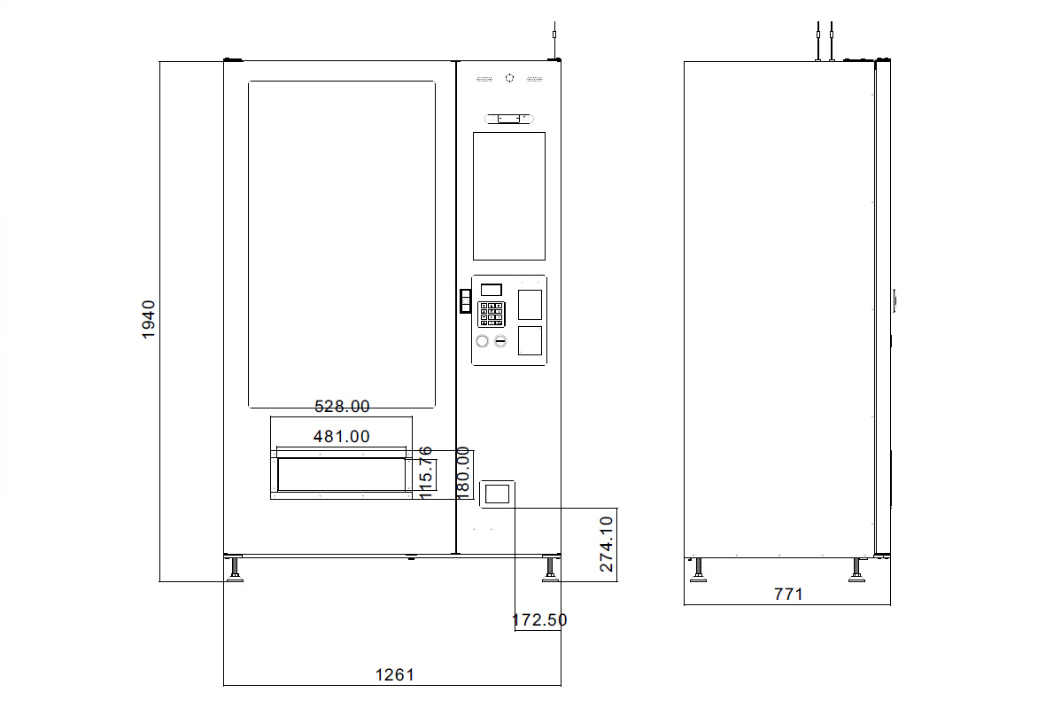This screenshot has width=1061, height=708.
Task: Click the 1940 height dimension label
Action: [149, 320]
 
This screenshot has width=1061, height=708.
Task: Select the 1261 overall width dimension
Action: [394, 674]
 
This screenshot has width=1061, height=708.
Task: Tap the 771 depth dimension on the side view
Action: [787, 594]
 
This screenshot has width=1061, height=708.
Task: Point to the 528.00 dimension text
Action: [342, 407]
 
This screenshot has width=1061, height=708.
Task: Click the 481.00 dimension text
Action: [342, 436]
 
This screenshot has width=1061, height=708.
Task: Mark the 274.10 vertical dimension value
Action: [607, 544]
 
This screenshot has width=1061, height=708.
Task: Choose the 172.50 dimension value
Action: [539, 620]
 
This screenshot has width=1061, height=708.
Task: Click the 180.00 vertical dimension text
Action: [462, 473]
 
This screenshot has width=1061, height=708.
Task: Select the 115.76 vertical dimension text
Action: [426, 473]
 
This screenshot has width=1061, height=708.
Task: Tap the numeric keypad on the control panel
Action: [491, 314]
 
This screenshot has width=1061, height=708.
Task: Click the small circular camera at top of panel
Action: [509, 78]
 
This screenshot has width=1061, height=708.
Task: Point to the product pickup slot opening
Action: [340, 475]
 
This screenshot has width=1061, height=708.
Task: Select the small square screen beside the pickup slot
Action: [497, 494]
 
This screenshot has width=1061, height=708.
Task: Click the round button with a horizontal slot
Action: [500, 341]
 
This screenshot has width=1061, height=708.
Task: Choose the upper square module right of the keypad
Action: [529, 304]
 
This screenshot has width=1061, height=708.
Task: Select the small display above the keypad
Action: [491, 290]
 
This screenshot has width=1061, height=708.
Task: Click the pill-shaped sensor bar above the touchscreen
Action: [509, 118]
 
